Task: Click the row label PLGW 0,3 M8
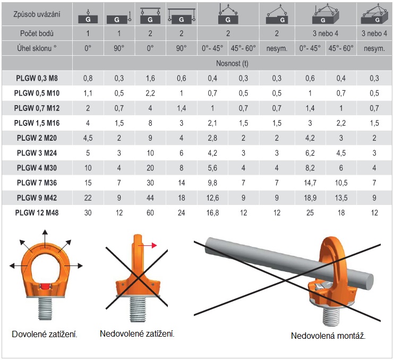37,78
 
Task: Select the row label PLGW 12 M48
37,213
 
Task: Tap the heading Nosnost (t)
232,63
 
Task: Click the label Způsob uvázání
37,14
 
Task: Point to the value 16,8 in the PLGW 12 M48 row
212,213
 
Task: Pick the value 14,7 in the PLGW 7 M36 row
310,183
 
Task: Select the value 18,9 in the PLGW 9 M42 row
310,198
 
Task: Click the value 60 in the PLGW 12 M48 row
150,213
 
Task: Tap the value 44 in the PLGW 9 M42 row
150,198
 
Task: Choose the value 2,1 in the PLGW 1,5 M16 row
212,123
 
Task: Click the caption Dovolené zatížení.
45,335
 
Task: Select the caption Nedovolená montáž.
328,336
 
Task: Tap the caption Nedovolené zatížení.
137,333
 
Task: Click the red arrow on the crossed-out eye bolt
148,245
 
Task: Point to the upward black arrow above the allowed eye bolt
45,238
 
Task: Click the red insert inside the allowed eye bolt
45,286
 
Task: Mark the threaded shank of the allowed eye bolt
46,308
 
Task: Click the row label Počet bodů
37,33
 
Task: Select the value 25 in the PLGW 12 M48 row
310,213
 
